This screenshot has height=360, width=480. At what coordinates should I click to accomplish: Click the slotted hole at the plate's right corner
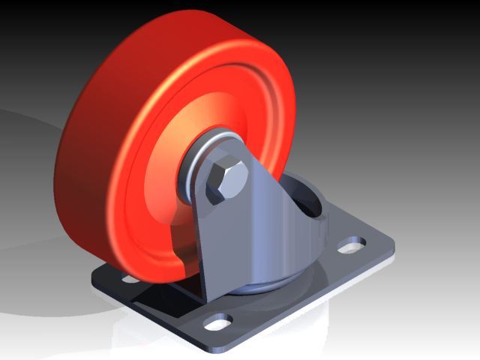point(351,245)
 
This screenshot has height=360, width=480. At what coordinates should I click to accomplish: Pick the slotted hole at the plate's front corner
point(218,325)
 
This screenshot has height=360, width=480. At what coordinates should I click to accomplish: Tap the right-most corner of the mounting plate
point(391,246)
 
